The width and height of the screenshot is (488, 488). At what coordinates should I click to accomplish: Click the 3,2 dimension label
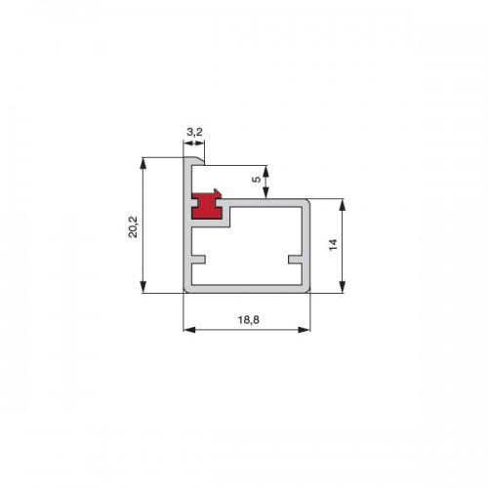click(x=194, y=132)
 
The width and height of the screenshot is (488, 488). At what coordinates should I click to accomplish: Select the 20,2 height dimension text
click(x=133, y=226)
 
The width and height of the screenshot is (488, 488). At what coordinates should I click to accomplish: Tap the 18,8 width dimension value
click(x=249, y=320)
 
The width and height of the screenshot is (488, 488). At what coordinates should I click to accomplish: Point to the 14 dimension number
click(x=333, y=245)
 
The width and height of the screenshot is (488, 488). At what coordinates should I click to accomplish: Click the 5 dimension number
click(x=257, y=180)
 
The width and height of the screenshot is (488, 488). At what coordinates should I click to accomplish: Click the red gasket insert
click(x=206, y=206)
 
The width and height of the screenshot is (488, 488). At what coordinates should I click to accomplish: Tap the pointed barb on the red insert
click(x=217, y=192)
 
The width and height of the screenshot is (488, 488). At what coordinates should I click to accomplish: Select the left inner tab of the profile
click(x=198, y=260)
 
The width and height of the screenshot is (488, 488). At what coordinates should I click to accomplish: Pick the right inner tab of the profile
click(x=296, y=260)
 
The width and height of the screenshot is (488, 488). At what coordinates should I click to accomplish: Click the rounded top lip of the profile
click(x=194, y=161)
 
